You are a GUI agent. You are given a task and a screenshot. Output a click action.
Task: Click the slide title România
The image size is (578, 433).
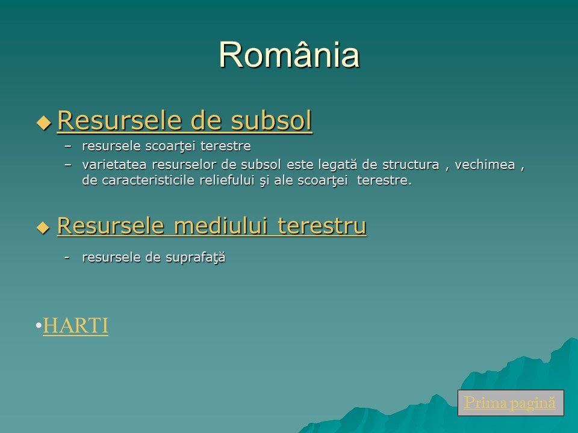pos(290,55)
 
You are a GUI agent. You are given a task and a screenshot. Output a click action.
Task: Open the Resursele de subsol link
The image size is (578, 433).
pos(185,120)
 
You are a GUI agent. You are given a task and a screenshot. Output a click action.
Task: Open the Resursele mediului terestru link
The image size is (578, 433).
pos(212,226)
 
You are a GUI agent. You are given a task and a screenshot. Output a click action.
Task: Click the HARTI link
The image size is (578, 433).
pos(76,325)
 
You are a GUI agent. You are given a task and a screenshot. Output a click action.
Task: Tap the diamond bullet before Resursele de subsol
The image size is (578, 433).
pos(44,122)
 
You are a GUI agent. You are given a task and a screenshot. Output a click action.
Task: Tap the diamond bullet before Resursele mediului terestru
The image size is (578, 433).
pos(43,227)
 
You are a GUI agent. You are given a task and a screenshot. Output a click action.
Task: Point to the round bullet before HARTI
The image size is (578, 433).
pos(39,325)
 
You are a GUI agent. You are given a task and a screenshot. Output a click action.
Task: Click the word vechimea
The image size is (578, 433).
pos(485,165)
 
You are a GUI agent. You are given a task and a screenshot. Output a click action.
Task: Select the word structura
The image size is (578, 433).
pos(411,165)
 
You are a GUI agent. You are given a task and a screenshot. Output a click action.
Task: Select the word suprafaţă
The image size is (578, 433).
pos(195,257)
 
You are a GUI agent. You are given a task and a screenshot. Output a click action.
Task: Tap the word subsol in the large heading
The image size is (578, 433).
pos(272,120)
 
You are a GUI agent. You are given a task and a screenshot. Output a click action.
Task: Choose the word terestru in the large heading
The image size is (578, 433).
pos(322,226)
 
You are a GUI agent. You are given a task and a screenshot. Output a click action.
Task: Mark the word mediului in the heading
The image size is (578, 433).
pos(220,226)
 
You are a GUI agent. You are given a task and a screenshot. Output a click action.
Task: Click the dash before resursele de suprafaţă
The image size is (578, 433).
pos(67,257)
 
